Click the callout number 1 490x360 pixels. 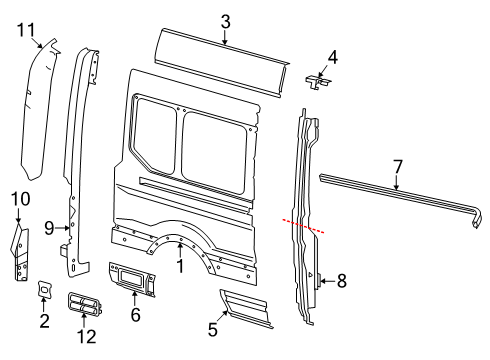pos(179,267)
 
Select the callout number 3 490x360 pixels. pos(225,20)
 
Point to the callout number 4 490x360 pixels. pos(332,57)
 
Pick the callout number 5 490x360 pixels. pos(212,327)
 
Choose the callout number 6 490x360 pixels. pos(136,314)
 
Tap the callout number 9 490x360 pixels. pos(49,228)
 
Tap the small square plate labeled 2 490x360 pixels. pos(45,290)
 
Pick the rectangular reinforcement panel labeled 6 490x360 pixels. pos(135,277)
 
